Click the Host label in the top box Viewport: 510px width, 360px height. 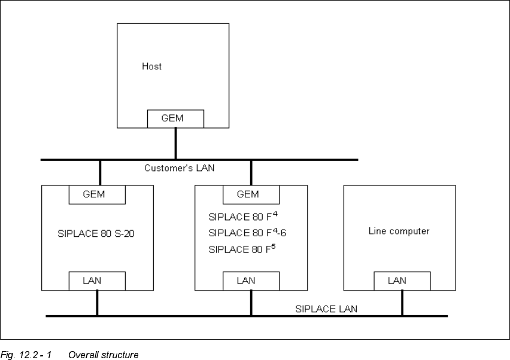[x=151, y=66]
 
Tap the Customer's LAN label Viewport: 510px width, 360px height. [x=179, y=169]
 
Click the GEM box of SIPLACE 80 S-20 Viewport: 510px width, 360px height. [x=97, y=194]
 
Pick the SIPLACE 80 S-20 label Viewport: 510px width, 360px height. [x=97, y=233]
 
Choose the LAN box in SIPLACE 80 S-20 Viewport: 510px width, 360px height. [x=97, y=280]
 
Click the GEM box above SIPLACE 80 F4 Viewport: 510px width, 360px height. [x=251, y=194]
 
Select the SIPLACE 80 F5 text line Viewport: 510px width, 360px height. [x=242, y=249]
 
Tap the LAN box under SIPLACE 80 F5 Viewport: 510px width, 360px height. [x=251, y=280]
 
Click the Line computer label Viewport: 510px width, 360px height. [x=399, y=231]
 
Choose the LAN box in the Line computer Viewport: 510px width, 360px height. [x=402, y=280]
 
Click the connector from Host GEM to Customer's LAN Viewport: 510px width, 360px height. [x=175, y=144]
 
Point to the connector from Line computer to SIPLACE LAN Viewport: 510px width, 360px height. [x=402, y=302]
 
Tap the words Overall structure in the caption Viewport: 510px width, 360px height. [x=103, y=355]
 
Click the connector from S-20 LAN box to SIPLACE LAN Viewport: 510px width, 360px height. [x=97, y=302]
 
